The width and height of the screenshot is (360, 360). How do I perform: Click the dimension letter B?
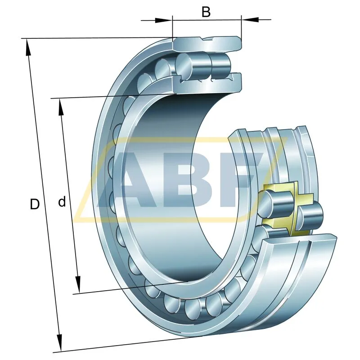tap(206, 12)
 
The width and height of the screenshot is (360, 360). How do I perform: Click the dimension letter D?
tap(35, 204)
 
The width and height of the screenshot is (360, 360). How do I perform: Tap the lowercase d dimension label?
tap(62, 202)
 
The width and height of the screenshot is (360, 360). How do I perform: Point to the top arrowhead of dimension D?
tap(28, 47)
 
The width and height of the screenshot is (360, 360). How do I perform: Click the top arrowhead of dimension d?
tap(61, 107)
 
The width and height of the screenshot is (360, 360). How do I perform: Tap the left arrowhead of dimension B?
tap(163, 20)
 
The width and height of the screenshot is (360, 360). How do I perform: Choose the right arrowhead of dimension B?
tap(250, 20)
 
